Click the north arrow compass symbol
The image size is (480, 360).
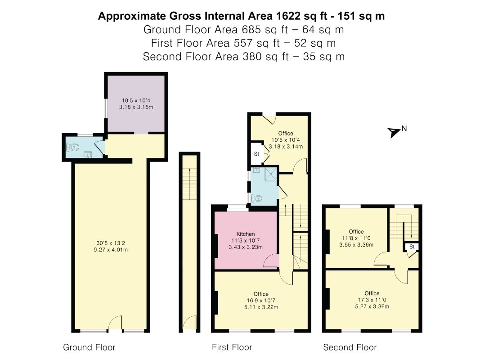394,132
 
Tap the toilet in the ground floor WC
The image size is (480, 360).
72,148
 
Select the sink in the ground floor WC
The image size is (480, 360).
88,155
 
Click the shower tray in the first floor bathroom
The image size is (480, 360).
270,174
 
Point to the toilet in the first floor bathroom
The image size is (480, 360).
256,198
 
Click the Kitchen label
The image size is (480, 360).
246,234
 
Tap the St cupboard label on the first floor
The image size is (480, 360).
256,154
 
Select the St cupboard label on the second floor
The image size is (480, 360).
412,247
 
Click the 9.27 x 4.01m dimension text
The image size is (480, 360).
111,250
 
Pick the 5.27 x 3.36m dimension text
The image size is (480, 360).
372,306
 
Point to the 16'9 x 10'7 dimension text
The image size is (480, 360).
261,301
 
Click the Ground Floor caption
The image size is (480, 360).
89,347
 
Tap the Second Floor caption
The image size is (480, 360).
350,347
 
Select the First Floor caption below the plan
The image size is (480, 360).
232,347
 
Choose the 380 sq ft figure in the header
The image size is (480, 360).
265,57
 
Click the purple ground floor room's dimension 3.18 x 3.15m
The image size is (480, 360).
136,107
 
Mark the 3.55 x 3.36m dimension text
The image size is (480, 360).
356,245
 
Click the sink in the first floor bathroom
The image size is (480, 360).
256,170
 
